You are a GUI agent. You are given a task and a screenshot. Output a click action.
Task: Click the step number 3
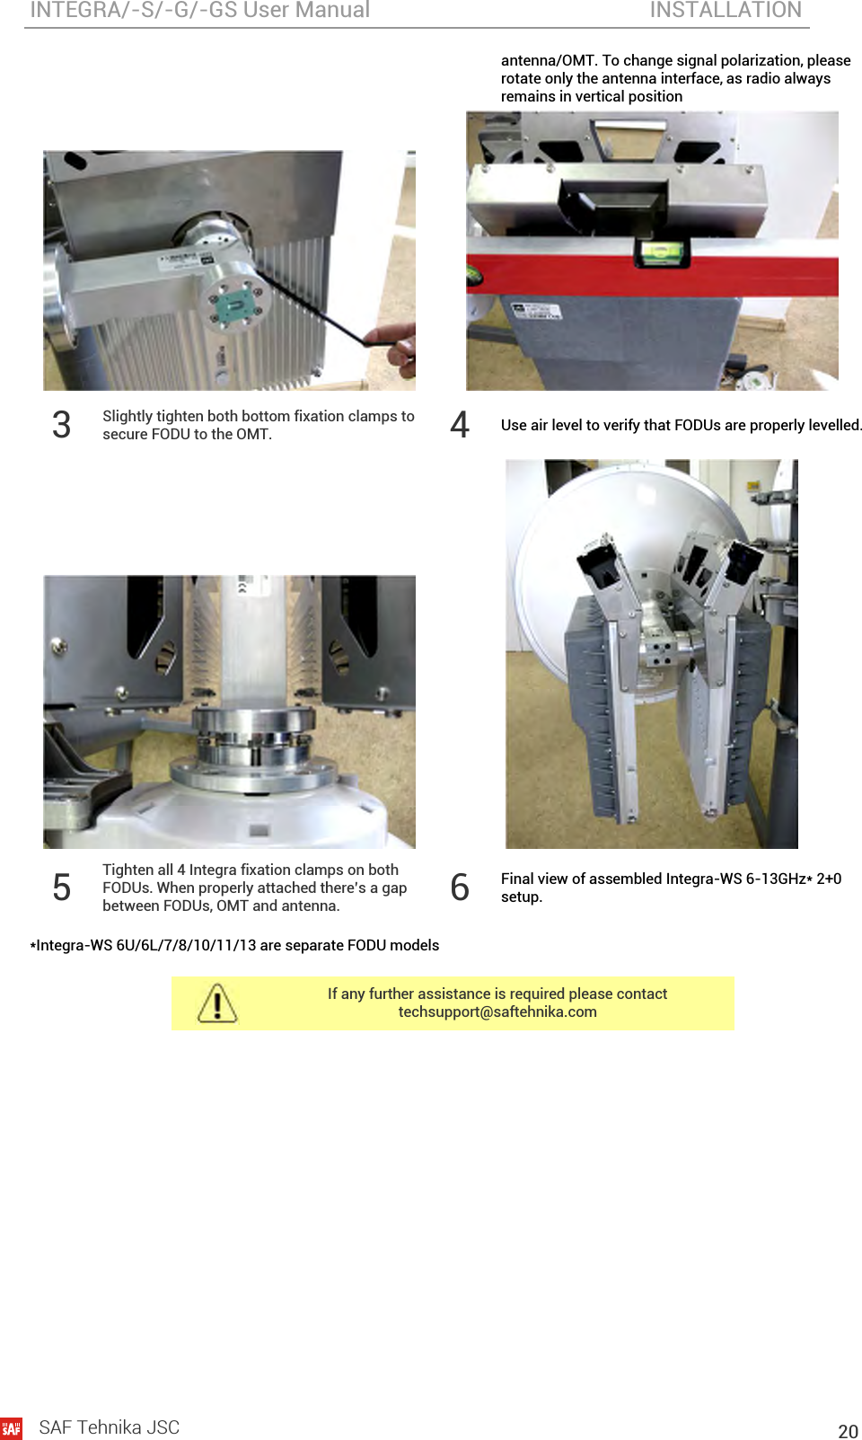(61, 425)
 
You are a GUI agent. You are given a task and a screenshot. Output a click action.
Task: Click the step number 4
(460, 425)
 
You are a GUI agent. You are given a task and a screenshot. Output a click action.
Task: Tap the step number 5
(61, 888)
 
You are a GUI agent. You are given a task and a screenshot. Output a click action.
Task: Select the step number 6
(460, 888)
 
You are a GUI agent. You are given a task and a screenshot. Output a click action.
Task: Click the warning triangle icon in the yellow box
(217, 1003)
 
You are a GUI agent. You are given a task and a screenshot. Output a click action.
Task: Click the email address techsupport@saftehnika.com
(497, 1012)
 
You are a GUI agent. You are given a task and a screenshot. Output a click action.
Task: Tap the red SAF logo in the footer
(11, 1428)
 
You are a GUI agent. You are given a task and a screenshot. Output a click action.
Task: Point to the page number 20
(849, 1431)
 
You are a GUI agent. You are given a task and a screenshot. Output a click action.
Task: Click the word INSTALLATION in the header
(726, 10)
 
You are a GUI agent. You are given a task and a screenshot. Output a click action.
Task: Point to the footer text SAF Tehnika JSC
(110, 1427)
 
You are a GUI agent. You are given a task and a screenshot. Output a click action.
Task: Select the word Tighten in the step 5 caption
(125, 870)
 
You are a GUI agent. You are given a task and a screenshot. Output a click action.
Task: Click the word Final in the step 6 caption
(517, 879)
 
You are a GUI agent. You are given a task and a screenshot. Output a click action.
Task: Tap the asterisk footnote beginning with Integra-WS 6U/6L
(234, 946)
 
